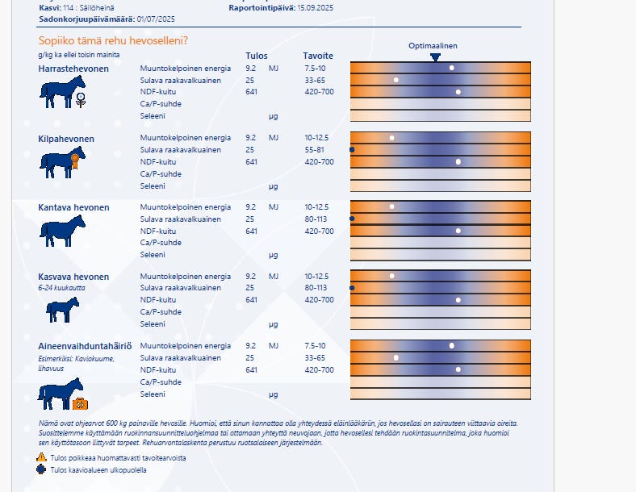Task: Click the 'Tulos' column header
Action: tap(256, 56)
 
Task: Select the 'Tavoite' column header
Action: tap(318, 56)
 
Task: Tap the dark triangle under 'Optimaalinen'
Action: tap(435, 57)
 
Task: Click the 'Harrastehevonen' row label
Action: tap(73, 69)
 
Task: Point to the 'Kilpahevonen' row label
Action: tap(66, 139)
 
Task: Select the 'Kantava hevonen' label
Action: tap(73, 207)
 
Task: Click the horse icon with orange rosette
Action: tap(61, 163)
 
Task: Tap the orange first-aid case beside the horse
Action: tap(79, 403)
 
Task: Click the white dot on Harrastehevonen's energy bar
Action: tap(452, 68)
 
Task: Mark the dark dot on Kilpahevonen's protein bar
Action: tap(352, 150)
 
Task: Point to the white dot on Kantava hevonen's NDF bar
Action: tap(458, 231)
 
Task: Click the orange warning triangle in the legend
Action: tap(42, 457)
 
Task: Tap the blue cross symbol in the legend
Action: tap(42, 469)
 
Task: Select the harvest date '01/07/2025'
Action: tap(156, 18)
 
